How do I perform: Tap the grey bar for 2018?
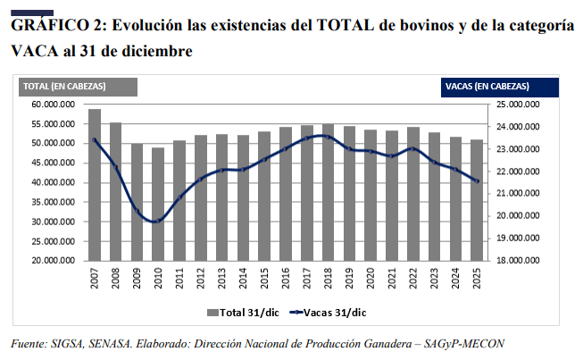(x=328, y=192)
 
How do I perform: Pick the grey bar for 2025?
(x=476, y=200)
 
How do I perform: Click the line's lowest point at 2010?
(x=158, y=221)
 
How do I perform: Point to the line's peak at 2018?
(x=328, y=136)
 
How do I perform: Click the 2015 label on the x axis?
(x=264, y=278)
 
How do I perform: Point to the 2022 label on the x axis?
(x=412, y=278)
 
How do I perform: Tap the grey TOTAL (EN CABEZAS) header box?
(x=79, y=86)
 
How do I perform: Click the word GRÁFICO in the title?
(x=45, y=27)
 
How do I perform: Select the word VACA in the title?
(x=31, y=52)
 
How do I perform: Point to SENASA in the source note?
(x=112, y=344)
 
